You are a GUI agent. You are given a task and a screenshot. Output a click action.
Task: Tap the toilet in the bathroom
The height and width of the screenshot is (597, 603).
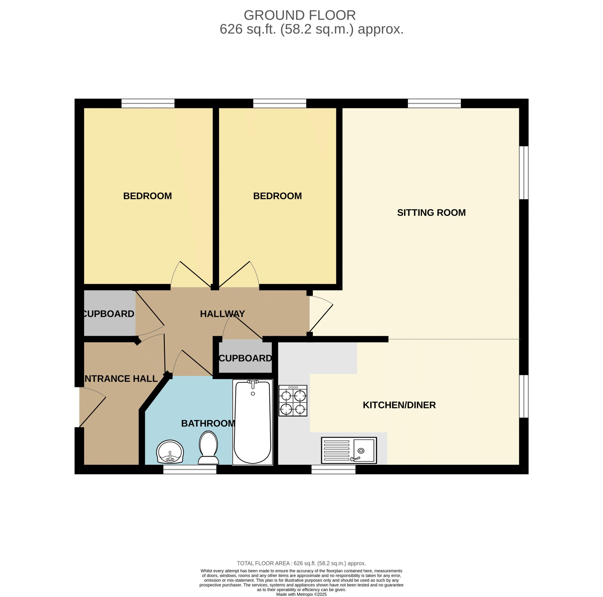tap(208, 448)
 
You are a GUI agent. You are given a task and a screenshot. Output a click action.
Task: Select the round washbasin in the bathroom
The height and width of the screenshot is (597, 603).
tap(170, 452)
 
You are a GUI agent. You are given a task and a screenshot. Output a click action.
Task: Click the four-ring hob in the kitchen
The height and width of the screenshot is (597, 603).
tap(293, 400)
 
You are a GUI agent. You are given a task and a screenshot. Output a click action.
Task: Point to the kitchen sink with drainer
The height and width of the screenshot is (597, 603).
tap(349, 450)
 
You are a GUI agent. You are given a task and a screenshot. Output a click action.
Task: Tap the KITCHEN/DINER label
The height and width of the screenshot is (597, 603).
tap(399, 405)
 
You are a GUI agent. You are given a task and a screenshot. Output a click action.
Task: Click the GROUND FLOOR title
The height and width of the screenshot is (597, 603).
tap(300, 15)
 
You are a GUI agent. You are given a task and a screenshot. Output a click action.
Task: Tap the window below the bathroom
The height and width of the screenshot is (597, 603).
tap(190, 469)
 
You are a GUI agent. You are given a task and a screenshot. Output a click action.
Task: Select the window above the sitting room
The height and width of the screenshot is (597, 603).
tap(434, 103)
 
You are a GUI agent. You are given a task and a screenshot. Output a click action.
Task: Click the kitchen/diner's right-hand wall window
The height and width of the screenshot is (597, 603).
tap(524, 396)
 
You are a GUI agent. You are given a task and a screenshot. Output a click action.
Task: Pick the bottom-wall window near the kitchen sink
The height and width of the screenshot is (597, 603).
tap(333, 469)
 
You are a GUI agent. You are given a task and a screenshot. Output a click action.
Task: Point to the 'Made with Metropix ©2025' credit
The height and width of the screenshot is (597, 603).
tap(301, 594)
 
